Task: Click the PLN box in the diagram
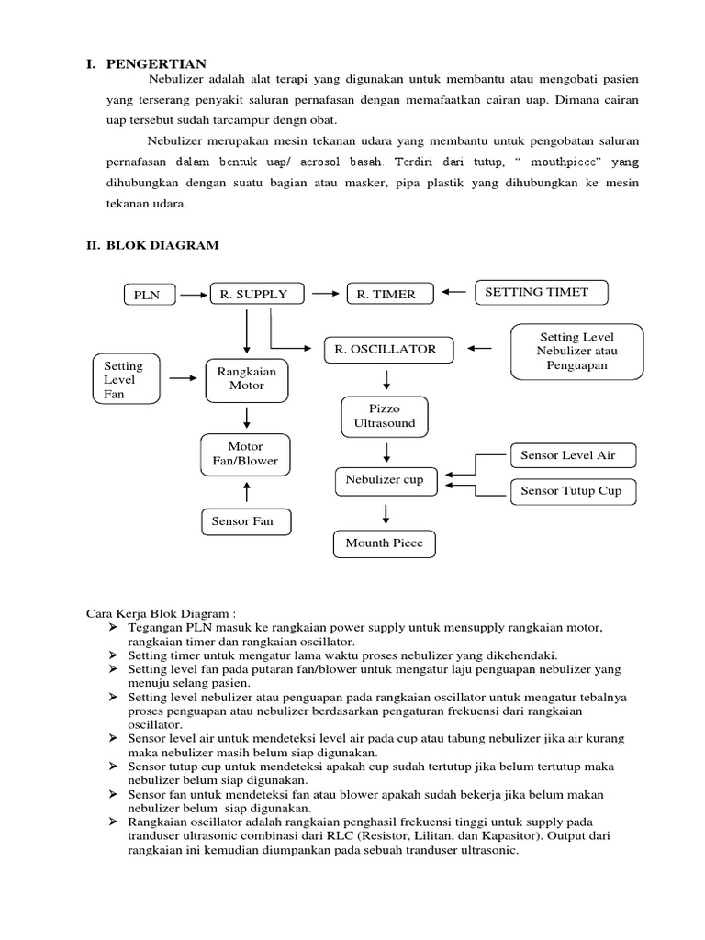pos(147,295)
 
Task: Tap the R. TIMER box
pos(386,294)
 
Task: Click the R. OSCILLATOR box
pos(393,350)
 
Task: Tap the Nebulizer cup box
pos(385,479)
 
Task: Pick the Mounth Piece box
pos(384,543)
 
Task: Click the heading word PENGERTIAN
pos(157,63)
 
